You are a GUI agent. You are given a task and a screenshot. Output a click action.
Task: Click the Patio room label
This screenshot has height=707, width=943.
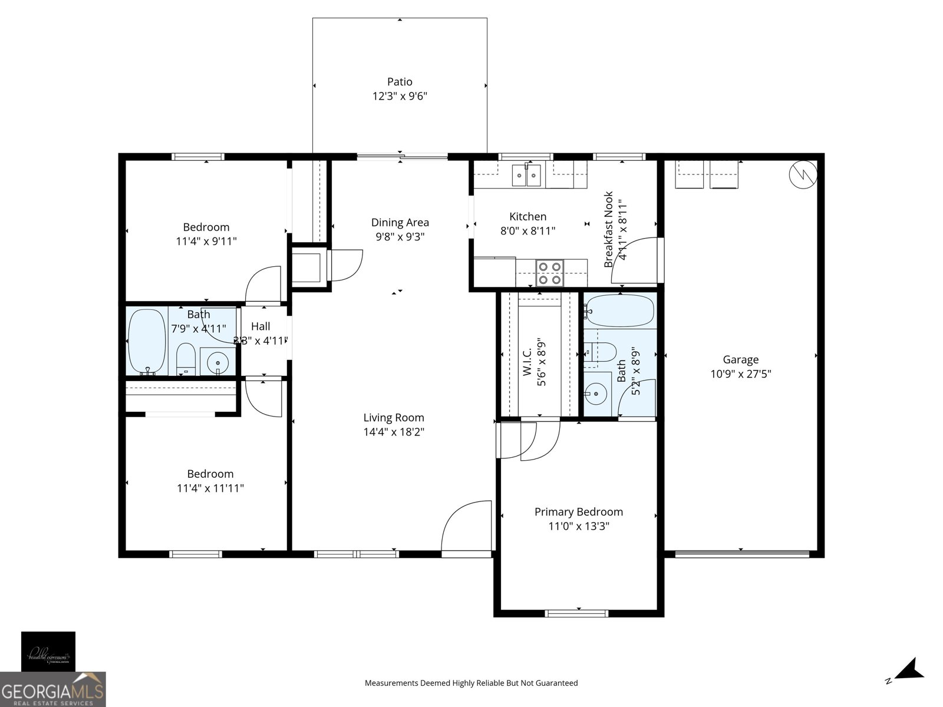pos(400,82)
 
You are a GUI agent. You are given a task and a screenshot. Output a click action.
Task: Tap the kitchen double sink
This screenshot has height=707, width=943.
pos(526,174)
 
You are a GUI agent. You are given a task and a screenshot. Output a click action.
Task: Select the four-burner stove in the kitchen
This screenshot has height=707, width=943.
pos(549,273)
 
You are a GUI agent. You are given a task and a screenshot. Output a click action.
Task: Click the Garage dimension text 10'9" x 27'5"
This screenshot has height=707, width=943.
pos(741,374)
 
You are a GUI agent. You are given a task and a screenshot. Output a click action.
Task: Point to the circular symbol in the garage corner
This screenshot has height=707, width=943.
pos(803,174)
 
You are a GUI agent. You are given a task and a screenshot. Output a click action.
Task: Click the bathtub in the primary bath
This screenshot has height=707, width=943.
pos(620,310)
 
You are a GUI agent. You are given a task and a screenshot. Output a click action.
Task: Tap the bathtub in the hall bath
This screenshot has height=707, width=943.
pos(147,342)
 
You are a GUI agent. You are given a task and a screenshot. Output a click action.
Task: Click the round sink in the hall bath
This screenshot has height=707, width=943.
pos(217,362)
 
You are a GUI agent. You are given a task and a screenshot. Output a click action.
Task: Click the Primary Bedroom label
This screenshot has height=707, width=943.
pos(578,512)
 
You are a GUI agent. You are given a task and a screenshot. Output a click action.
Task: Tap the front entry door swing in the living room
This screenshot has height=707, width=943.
pos(466,527)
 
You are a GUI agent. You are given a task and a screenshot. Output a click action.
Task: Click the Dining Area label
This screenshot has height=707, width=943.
pos(400,223)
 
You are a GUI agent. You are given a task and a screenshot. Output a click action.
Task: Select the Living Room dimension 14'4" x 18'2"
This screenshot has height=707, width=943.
pos(394,432)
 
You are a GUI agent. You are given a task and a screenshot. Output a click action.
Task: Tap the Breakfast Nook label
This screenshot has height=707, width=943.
pos(609,229)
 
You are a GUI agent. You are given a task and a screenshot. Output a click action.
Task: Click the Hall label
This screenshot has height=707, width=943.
pos(261,326)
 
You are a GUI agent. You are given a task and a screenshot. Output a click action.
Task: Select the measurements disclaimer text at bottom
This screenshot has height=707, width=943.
pos(471,683)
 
